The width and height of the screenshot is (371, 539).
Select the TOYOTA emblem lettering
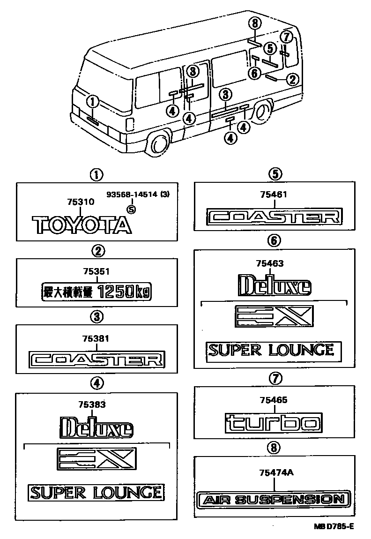click(82, 225)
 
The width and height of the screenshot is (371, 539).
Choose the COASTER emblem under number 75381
click(96, 359)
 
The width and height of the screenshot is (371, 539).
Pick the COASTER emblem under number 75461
click(275, 217)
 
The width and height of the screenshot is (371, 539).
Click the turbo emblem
click(274, 423)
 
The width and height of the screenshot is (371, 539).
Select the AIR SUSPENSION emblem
click(274, 500)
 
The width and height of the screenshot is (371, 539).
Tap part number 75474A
click(274, 473)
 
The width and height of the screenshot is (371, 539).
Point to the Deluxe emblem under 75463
click(274, 286)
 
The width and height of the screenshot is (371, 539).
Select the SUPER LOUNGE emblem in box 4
click(96, 492)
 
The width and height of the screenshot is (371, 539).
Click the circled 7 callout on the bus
click(287, 37)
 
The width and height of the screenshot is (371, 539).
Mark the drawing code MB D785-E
click(333, 527)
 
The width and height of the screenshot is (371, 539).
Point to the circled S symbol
click(132, 210)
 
